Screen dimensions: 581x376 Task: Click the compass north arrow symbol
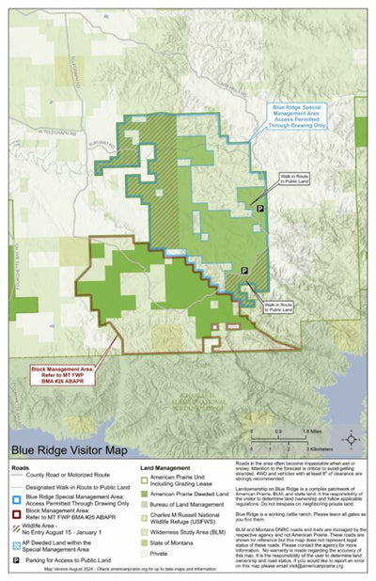click(x=351, y=439)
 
